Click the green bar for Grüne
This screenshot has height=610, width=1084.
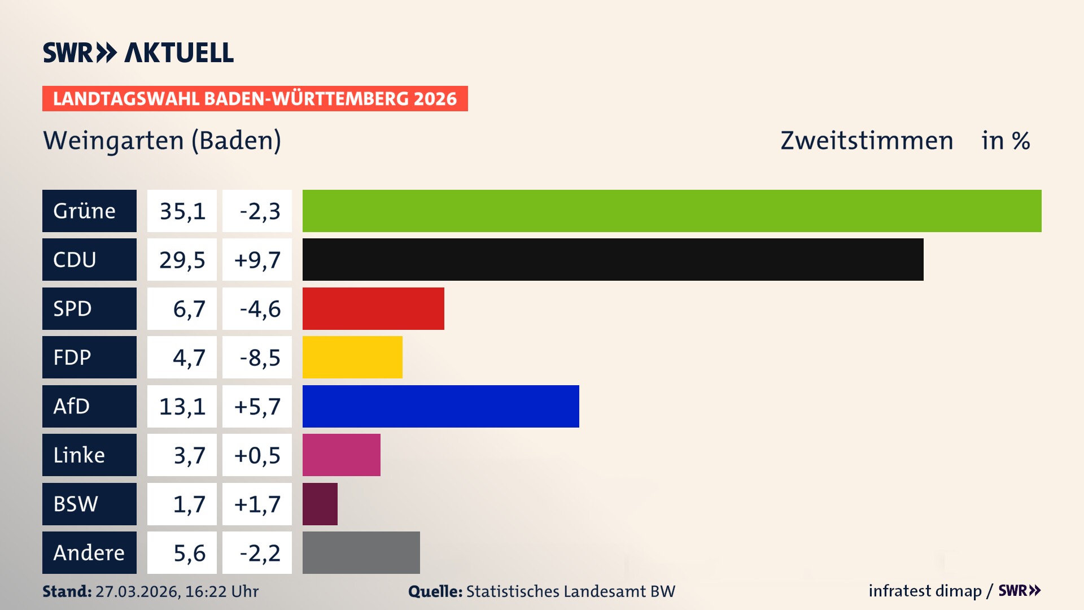click(672, 211)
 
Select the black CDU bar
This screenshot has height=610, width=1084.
click(613, 259)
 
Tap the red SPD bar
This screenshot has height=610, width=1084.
click(373, 308)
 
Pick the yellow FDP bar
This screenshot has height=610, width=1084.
click(352, 357)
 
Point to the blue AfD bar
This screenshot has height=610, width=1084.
click(440, 406)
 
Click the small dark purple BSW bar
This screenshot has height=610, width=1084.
click(320, 504)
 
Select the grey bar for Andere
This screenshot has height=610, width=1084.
click(361, 552)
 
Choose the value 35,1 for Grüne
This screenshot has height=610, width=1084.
click(182, 211)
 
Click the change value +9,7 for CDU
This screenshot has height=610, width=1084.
click(257, 259)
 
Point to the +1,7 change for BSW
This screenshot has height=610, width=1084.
click(257, 504)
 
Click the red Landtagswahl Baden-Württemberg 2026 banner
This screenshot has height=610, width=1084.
click(255, 98)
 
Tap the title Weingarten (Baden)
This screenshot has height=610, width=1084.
click(162, 141)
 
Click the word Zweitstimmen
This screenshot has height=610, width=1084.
click(867, 141)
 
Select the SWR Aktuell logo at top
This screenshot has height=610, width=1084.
click(138, 53)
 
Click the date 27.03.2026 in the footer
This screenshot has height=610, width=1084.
click(137, 591)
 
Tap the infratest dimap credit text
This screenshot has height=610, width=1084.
click(925, 591)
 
